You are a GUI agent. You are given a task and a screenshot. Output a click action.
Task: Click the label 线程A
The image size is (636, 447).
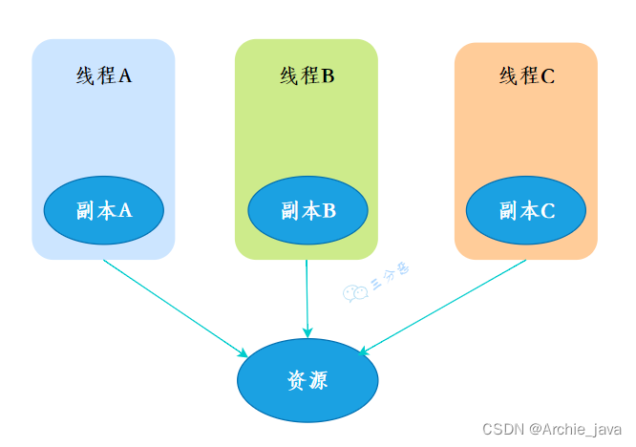(103, 76)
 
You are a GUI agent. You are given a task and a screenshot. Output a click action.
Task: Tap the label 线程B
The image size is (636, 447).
(307, 76)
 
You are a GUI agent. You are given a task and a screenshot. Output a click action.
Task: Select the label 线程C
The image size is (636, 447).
(526, 76)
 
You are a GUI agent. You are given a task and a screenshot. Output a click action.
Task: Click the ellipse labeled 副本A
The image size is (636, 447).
(103, 211)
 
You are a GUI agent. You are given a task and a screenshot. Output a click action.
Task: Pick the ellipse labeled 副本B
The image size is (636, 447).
(307, 211)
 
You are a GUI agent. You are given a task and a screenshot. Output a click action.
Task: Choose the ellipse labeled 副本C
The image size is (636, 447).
(526, 211)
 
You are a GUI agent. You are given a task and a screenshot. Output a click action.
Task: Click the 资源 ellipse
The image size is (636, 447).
(307, 380)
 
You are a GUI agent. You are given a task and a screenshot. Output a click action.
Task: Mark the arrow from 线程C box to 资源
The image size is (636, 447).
(444, 307)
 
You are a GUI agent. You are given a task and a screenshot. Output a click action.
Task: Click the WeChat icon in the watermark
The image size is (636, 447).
(355, 293)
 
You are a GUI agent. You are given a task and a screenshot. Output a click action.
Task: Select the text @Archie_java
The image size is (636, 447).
(575, 429)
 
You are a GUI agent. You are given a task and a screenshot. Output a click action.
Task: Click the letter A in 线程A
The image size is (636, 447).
(124, 76)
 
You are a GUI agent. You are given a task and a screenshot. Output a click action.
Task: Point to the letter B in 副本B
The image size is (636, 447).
(328, 211)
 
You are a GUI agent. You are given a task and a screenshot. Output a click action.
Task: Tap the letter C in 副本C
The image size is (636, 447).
(547, 211)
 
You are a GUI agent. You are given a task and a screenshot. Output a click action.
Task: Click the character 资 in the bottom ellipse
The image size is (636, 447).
(296, 380)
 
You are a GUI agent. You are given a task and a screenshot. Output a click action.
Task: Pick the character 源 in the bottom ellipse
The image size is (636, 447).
(319, 380)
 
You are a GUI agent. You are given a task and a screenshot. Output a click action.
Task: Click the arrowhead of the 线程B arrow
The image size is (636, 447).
(307, 331)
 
